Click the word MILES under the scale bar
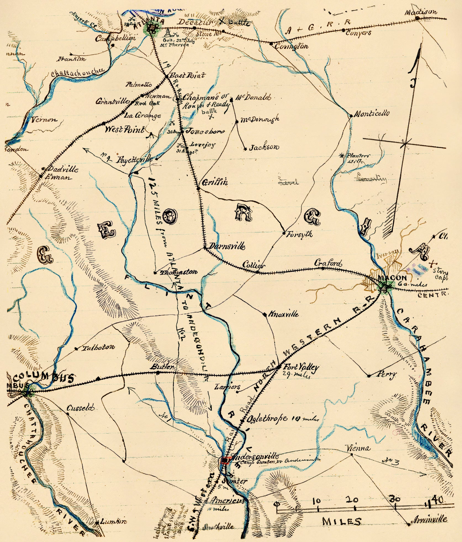[342, 521]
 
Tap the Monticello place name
[372, 113]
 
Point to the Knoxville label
[283, 314]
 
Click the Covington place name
[291, 46]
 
